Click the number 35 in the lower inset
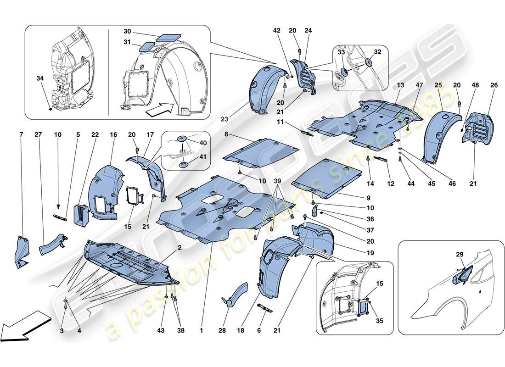click(x=379, y=321)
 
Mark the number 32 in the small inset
click(x=377, y=52)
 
